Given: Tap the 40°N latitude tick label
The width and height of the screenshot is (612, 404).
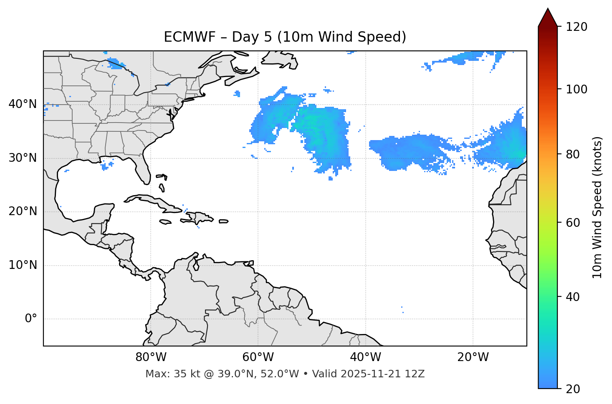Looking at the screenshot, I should point(23,104).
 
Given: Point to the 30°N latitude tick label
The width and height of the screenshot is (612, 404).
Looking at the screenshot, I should point(23,158).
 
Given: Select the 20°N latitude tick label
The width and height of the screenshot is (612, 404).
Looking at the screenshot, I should point(23,211).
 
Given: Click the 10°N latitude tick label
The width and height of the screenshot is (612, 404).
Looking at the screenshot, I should point(23,265).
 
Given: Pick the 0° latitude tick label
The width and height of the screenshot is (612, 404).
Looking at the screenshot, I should point(31,319).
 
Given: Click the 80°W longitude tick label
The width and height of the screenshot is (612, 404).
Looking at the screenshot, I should point(151,357).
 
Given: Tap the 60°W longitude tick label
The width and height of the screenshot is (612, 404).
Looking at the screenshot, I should point(258,357).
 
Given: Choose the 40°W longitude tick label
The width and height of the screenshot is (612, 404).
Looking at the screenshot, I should point(365,357).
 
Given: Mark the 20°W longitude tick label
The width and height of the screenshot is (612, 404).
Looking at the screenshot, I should point(473,357).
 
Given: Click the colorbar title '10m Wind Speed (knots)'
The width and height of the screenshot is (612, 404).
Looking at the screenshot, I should point(597,207).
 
